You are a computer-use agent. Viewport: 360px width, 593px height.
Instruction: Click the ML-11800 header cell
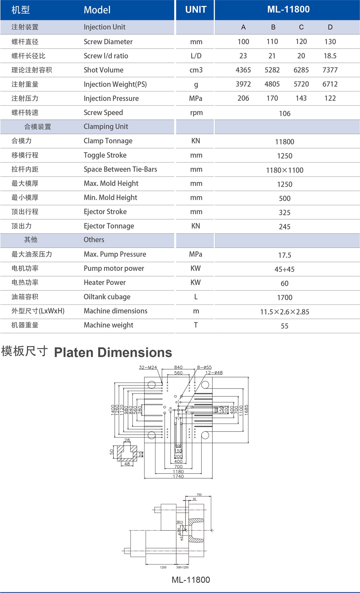tap(288, 9)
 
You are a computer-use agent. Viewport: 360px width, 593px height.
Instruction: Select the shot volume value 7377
tap(330, 70)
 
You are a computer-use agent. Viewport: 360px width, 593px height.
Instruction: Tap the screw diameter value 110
tap(272, 42)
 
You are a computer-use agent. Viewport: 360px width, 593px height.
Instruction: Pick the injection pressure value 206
tap(243, 98)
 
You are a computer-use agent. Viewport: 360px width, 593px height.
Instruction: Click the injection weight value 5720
tap(301, 84)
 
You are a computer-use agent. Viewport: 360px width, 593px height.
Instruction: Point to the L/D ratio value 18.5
tap(330, 56)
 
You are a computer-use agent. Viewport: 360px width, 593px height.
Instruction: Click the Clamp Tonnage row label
tap(108, 141)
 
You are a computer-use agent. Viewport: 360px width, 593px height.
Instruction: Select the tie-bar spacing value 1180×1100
tap(284, 170)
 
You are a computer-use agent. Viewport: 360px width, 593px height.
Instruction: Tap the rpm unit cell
tap(196, 113)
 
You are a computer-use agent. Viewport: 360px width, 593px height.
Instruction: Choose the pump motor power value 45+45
tap(284, 269)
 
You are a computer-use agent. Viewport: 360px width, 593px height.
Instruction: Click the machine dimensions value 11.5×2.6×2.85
tap(284, 312)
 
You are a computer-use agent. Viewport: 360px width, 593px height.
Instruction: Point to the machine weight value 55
tap(284, 326)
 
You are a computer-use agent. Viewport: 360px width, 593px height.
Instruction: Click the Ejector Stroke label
tap(105, 212)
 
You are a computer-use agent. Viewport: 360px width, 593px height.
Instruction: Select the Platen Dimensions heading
tap(113, 352)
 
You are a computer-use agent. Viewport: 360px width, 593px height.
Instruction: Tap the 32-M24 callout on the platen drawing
tap(148, 367)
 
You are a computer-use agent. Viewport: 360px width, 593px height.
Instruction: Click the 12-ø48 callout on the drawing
tap(214, 373)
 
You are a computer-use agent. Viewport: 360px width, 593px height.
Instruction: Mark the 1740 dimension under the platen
tap(178, 476)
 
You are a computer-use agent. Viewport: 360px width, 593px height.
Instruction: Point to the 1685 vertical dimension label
tap(247, 410)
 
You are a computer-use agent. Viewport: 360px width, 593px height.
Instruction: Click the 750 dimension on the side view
tap(199, 495)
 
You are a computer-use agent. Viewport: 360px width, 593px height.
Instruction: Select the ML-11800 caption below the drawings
tap(191, 580)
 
